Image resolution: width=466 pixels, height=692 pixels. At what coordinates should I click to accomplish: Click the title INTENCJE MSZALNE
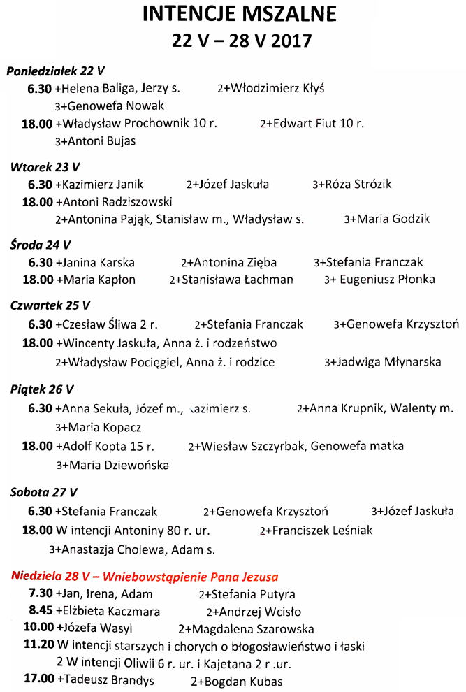tap(239, 14)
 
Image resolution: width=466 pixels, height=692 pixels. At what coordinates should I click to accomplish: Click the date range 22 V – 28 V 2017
tap(242, 40)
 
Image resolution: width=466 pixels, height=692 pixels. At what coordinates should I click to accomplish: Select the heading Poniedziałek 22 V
tap(56, 71)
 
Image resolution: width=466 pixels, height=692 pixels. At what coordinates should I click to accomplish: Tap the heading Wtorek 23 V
tap(45, 166)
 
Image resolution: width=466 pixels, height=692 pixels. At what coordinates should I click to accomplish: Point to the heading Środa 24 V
tap(41, 245)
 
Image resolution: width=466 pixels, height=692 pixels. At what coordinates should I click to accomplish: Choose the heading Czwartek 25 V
tap(50, 305)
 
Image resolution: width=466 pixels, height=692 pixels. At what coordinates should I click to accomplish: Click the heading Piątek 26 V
tap(42, 389)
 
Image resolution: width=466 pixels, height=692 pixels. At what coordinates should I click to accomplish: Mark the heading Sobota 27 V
tap(44, 491)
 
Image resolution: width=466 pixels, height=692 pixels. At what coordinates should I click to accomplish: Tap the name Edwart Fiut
tap(318, 123)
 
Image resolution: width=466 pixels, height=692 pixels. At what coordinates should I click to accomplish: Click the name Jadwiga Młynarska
tap(388, 362)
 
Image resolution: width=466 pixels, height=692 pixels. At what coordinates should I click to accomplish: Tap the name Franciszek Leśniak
tap(321, 531)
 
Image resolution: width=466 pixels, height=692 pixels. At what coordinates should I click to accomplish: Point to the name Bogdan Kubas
tap(241, 681)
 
